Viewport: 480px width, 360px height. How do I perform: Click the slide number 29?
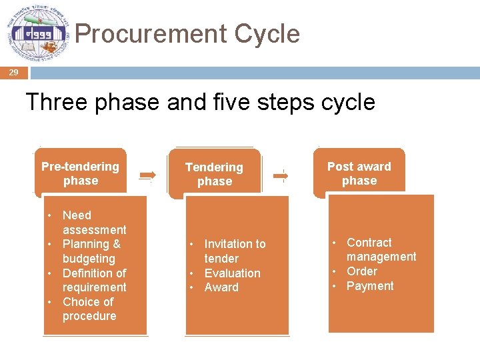(x=13, y=73)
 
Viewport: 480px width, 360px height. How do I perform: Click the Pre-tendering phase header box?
(x=80, y=173)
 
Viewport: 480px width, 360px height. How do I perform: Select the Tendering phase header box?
(x=214, y=174)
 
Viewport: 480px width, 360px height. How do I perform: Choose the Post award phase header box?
(x=359, y=173)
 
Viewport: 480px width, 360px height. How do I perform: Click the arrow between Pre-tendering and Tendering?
(x=147, y=175)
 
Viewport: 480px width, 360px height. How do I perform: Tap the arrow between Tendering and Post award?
(x=281, y=175)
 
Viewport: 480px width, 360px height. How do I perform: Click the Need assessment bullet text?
(x=94, y=223)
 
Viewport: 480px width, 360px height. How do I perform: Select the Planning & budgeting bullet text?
(x=91, y=251)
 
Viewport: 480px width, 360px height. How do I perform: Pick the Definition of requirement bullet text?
(x=94, y=280)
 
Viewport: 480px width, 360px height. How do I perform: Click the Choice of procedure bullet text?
(x=89, y=309)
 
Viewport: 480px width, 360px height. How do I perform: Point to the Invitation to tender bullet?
(x=234, y=251)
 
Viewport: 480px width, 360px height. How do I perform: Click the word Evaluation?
(x=232, y=273)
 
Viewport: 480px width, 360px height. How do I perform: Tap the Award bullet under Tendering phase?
(x=221, y=287)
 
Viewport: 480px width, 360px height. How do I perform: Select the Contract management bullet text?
(x=381, y=249)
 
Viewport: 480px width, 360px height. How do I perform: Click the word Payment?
(x=370, y=286)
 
